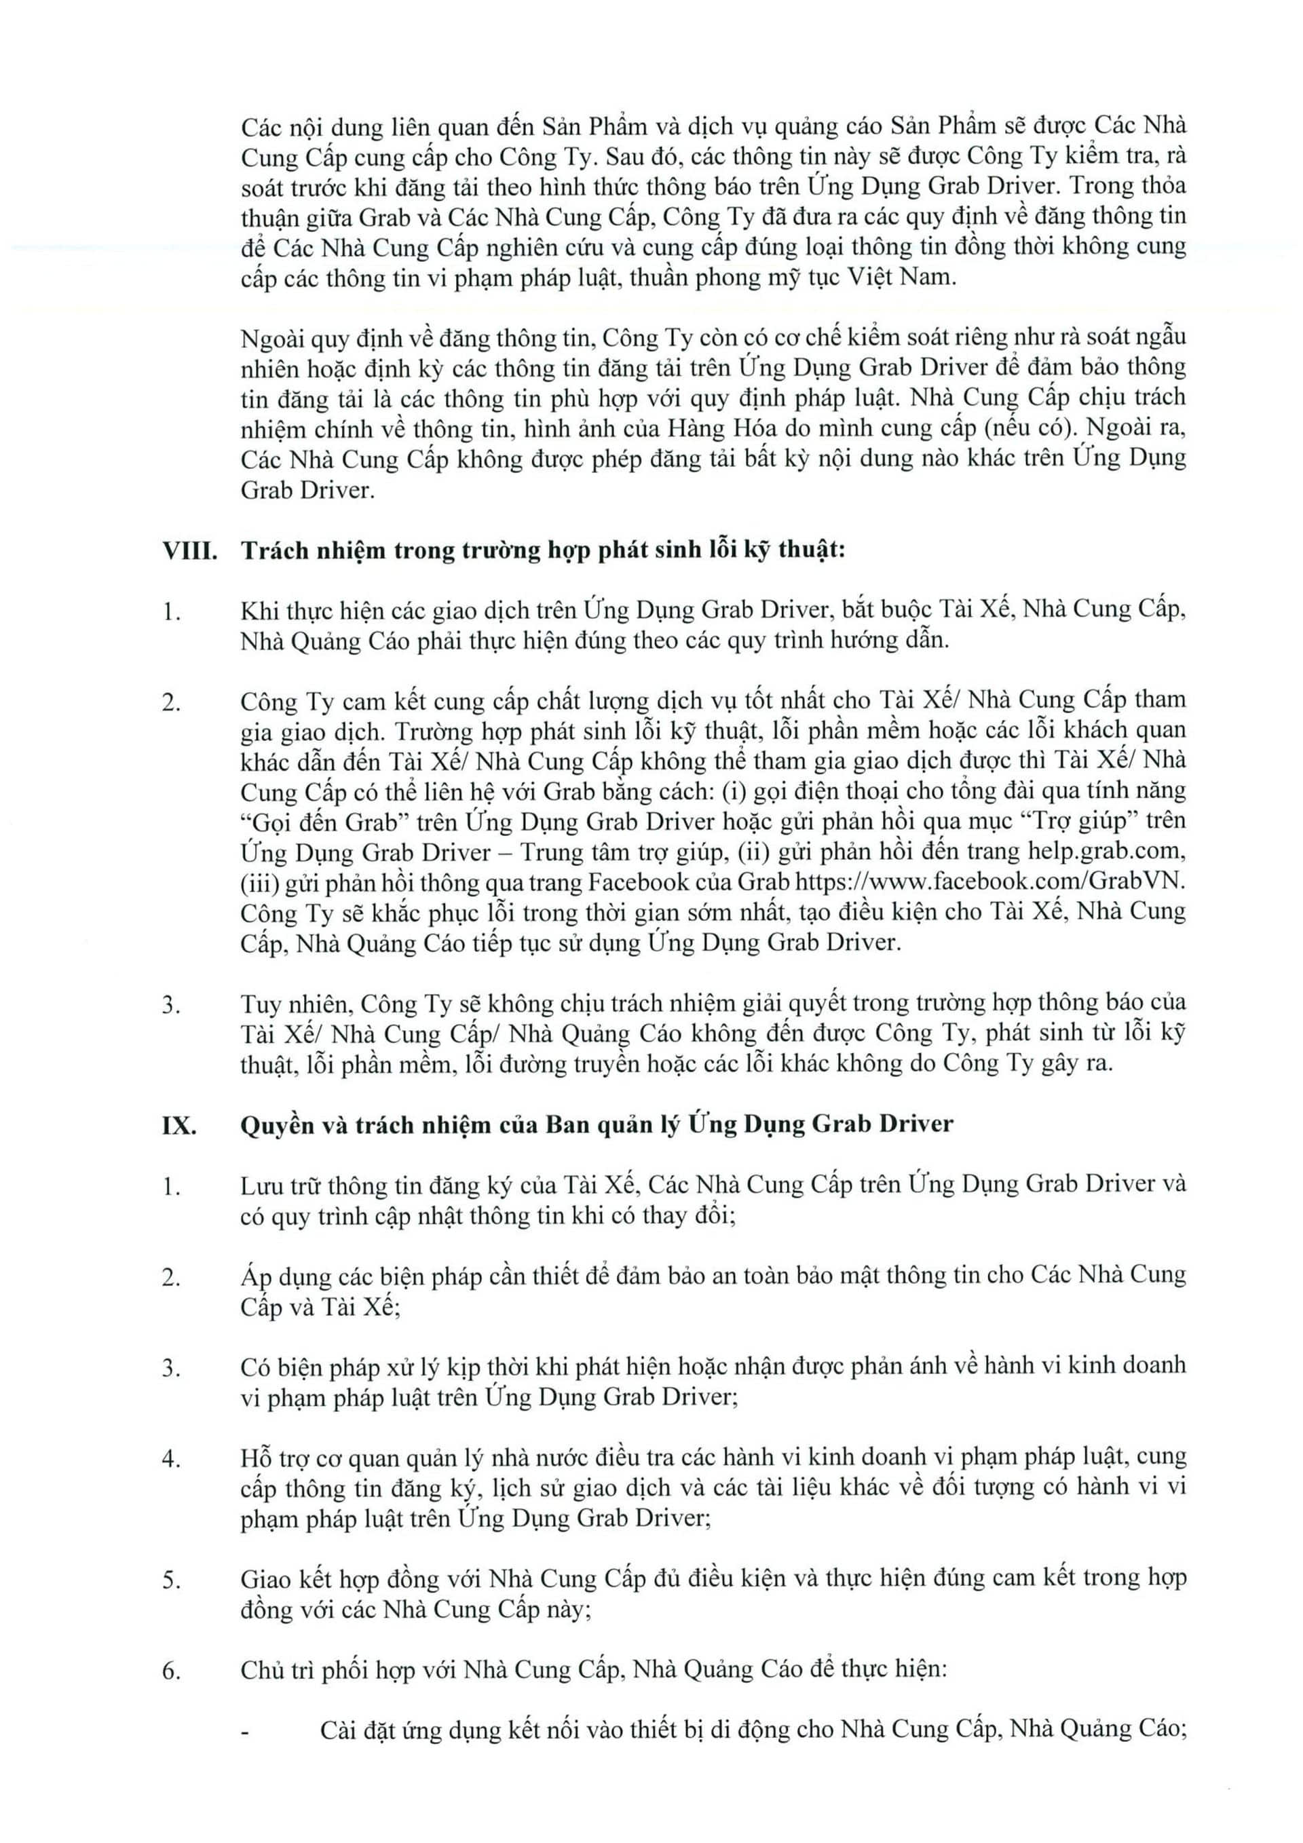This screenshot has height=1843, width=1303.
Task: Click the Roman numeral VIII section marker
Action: pyautogui.click(x=189, y=552)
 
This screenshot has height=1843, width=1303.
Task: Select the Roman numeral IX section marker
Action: pyautogui.click(x=180, y=1124)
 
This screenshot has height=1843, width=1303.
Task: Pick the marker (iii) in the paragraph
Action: pyautogui.click(x=257, y=881)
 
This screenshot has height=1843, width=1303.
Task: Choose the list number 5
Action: pyautogui.click(x=171, y=1580)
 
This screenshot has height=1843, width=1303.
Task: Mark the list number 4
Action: pyautogui.click(x=171, y=1458)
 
